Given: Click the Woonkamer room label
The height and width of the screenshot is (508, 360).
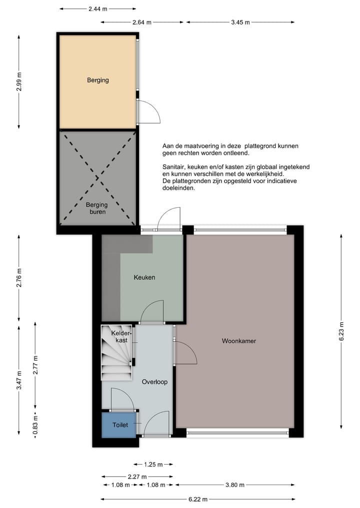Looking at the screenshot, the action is pos(238,341).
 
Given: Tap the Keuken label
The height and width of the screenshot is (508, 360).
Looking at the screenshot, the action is pos(144,277).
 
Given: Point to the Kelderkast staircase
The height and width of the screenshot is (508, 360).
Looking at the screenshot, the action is pos(117,353).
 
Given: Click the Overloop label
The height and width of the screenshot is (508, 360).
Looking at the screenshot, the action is pos(154,382).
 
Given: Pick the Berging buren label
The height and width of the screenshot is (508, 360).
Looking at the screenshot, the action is pos(97,208).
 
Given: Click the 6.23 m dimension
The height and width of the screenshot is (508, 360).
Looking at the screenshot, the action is pos(341,332).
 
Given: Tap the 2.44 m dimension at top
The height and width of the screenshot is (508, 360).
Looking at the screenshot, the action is pos(97,9).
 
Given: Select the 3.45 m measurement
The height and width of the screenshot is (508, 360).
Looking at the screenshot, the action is pos(240,22).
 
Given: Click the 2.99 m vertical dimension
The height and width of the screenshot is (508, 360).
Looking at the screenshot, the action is pos(19,82).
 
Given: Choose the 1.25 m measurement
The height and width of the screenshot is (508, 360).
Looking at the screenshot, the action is pos(153,465).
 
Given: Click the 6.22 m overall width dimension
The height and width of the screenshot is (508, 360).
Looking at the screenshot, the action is pos(198,499).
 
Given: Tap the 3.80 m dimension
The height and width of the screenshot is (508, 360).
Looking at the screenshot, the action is pos(235,485).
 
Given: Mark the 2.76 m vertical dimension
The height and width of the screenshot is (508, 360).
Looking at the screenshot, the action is pos(19,278).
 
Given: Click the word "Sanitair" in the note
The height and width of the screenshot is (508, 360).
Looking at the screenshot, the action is pos(173,167).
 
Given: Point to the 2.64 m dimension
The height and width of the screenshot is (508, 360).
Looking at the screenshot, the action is pos(141,22).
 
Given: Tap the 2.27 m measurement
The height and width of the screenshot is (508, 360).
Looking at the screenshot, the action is pos(137,477).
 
